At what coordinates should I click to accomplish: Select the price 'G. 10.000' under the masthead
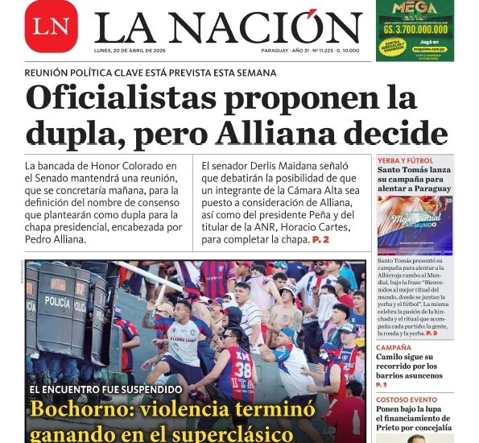click(x=347, y=50)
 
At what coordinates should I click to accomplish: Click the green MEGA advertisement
click(x=415, y=31)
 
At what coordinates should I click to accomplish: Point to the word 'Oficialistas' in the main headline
click(x=116, y=97)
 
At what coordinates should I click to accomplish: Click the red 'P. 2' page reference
click(x=320, y=240)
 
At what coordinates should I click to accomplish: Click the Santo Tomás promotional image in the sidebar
click(x=415, y=226)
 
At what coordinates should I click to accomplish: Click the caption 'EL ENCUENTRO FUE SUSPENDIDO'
click(x=106, y=389)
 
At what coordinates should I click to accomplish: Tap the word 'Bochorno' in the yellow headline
click(x=79, y=408)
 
